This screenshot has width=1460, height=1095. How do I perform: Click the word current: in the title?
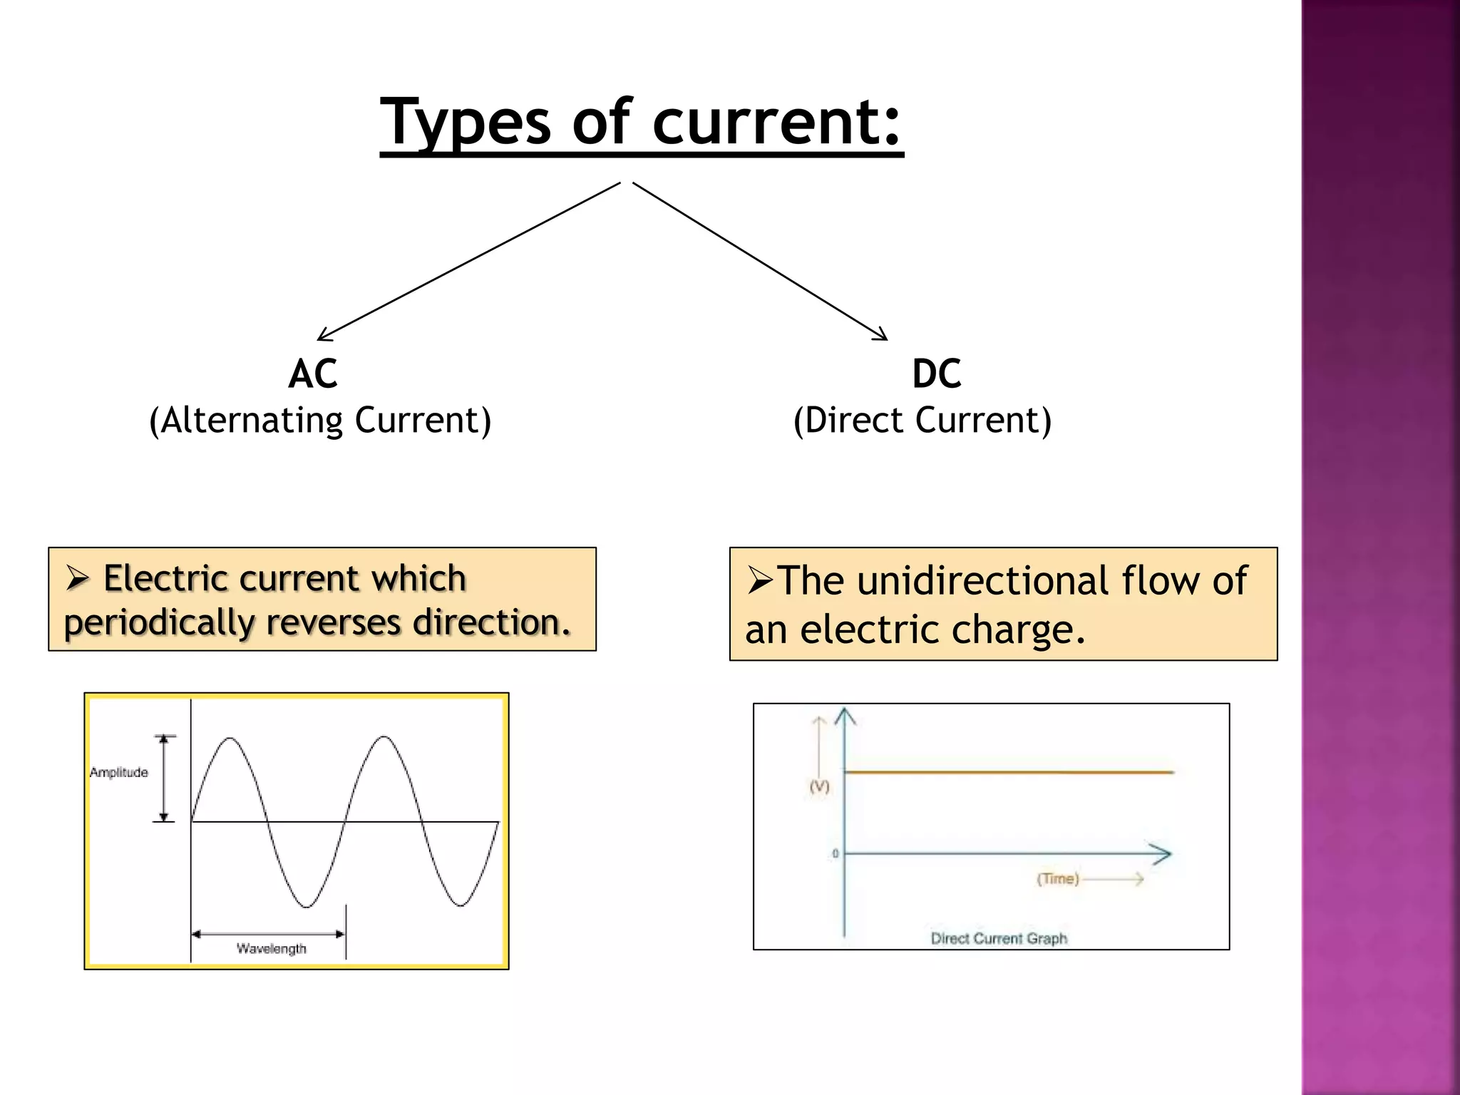coord(777,123)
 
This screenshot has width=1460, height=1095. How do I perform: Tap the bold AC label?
coord(313,374)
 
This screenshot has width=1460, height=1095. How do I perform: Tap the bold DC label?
coord(937,374)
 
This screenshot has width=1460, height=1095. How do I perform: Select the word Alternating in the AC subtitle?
coord(252,420)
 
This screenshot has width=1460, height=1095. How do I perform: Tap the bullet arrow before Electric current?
coord(77,578)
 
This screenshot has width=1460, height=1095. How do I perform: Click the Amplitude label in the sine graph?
coord(119,773)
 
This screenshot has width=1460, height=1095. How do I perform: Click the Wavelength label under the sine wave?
coord(272,949)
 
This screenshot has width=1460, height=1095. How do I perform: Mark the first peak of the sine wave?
coord(230,739)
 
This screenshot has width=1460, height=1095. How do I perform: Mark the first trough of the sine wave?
coord(307,907)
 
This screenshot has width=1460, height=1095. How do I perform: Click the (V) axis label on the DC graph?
coord(819,786)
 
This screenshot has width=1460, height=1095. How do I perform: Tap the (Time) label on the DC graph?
coord(1058,879)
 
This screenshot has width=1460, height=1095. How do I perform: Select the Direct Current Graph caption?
coord(999,939)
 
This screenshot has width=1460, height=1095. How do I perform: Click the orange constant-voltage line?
coord(1009,772)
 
